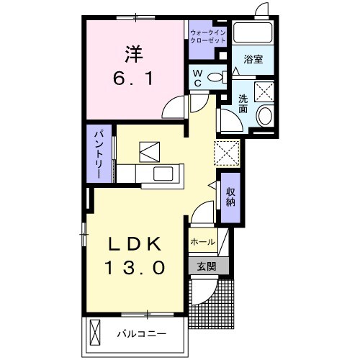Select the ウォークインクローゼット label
tap(207, 38)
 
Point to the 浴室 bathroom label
tap(253, 60)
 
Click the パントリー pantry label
tap(99, 153)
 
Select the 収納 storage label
tap(230, 197)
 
